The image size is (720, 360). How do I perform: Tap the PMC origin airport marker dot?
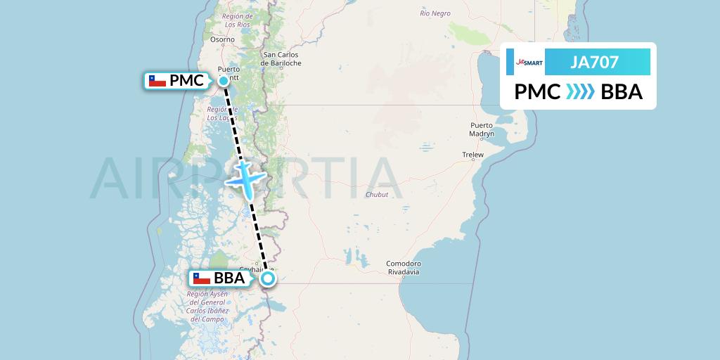pyautogui.click(x=224, y=81)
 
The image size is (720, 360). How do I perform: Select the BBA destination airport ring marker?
pyautogui.click(x=268, y=278)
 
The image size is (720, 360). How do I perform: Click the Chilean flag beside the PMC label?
pyautogui.click(x=157, y=81)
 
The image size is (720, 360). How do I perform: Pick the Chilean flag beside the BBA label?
pyautogui.click(x=202, y=278)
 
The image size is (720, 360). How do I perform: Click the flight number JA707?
pyautogui.click(x=594, y=63)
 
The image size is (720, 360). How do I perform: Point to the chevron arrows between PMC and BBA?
pyautogui.click(x=580, y=92)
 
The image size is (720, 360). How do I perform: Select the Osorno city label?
pyautogui.click(x=221, y=40)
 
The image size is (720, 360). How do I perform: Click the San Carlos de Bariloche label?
pyautogui.click(x=281, y=58)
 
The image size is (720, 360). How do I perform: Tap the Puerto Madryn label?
pyautogui.click(x=482, y=129)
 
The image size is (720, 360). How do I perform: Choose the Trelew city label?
pyautogui.click(x=472, y=154)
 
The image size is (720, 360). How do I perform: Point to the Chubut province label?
pyautogui.click(x=377, y=195)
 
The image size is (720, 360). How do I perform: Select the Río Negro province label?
pyautogui.click(x=435, y=13)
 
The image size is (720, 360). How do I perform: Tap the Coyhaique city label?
pyautogui.click(x=253, y=269)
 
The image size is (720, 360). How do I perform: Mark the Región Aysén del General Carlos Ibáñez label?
pyautogui.click(x=207, y=302)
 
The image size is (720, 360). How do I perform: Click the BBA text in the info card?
pyautogui.click(x=622, y=92)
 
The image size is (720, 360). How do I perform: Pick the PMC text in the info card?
pyautogui.click(x=537, y=92)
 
